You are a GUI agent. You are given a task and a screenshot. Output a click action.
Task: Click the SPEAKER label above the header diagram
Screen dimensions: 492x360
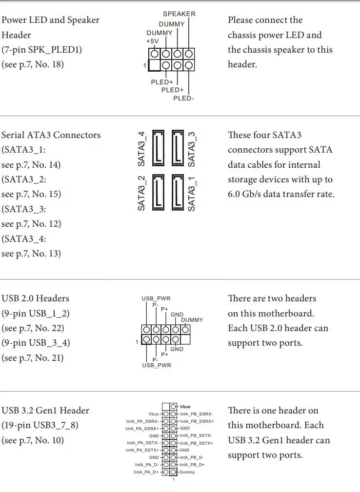pyautogui.click(x=179, y=14)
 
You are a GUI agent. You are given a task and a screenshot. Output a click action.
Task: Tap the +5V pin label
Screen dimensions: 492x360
pyautogui.click(x=152, y=41)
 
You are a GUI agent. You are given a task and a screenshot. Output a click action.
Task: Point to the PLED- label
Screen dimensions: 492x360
pyautogui.click(x=183, y=98)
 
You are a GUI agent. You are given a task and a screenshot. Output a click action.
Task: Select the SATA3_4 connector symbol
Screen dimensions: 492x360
pyautogui.click(x=160, y=147)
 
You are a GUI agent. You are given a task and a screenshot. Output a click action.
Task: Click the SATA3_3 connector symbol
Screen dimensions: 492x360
pyautogui.click(x=178, y=147)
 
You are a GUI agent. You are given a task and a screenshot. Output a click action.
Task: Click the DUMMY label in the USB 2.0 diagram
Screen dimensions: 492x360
pyautogui.click(x=192, y=320)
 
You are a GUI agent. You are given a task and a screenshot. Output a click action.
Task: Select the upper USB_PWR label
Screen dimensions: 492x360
pyautogui.click(x=156, y=298)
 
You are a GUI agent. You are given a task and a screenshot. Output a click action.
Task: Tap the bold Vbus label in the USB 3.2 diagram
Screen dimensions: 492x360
pyautogui.click(x=185, y=406)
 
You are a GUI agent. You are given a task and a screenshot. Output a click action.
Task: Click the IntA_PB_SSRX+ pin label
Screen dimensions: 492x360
pyautogui.click(x=197, y=421)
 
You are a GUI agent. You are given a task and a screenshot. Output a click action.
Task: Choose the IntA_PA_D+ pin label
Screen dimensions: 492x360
pyautogui.click(x=146, y=472)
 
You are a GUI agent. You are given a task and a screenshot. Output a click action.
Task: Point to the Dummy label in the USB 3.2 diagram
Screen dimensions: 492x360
pyautogui.click(x=187, y=472)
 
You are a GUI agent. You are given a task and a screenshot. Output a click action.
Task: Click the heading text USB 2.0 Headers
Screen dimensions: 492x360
pyautogui.click(x=35, y=298)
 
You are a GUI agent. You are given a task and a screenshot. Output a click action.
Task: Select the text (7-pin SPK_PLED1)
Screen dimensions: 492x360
pyautogui.click(x=42, y=49)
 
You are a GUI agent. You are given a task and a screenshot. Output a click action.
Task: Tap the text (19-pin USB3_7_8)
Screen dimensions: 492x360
pyautogui.click(x=40, y=425)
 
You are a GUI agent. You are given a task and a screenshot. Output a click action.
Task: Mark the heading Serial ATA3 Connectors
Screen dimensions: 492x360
pyautogui.click(x=51, y=135)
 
